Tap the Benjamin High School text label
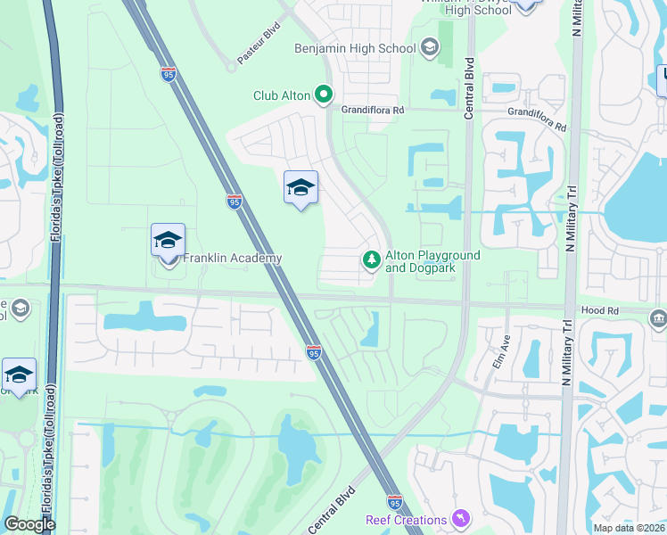[x=355, y=48]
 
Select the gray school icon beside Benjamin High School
[x=430, y=47]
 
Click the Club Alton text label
[x=281, y=95]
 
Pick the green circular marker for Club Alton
[x=325, y=94]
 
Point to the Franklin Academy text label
[x=232, y=259]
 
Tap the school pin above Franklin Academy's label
[x=168, y=242]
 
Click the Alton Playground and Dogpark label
[x=432, y=261]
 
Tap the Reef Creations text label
[x=406, y=520]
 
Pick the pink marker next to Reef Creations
[x=461, y=518]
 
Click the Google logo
[x=30, y=524]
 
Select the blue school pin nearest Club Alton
[x=301, y=188]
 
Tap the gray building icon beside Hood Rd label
[x=658, y=318]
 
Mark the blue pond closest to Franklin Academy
[x=131, y=319]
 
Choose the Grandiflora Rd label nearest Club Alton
[x=374, y=110]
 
